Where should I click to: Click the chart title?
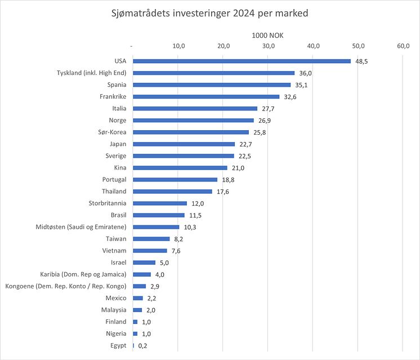click(x=209, y=13)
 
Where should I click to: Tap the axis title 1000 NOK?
click(x=267, y=35)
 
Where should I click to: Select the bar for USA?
click(x=242, y=61)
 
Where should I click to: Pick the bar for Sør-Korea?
click(x=190, y=132)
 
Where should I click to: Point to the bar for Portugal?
click(x=175, y=179)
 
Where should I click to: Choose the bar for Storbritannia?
click(x=159, y=203)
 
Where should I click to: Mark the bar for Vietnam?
click(x=149, y=250)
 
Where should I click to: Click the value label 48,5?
click(x=361, y=61)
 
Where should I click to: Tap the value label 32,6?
click(x=289, y=97)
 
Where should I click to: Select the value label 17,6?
click(x=222, y=192)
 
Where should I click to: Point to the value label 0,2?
click(x=143, y=345)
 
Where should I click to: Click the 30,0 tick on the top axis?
click(x=269, y=46)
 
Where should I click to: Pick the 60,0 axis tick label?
click(x=404, y=46)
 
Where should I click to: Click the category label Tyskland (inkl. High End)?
click(x=92, y=73)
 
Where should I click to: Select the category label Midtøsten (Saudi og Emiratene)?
click(x=81, y=226)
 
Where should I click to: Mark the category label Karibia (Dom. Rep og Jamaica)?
click(x=83, y=274)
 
